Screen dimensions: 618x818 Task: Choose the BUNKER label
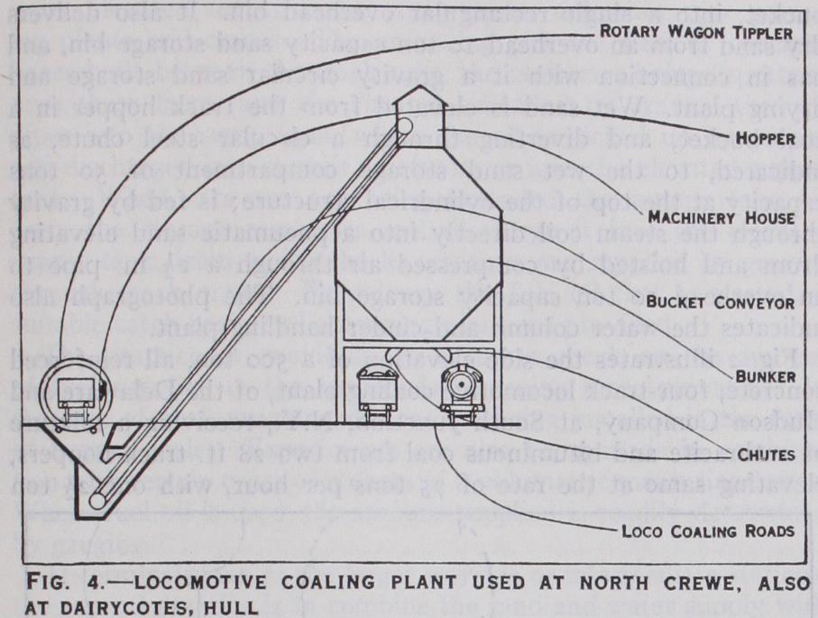(765, 375)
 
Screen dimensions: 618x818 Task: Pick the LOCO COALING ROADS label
(708, 530)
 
